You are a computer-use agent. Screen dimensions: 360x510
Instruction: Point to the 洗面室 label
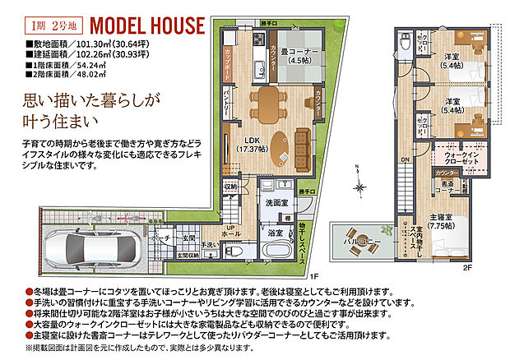pos(276,202)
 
